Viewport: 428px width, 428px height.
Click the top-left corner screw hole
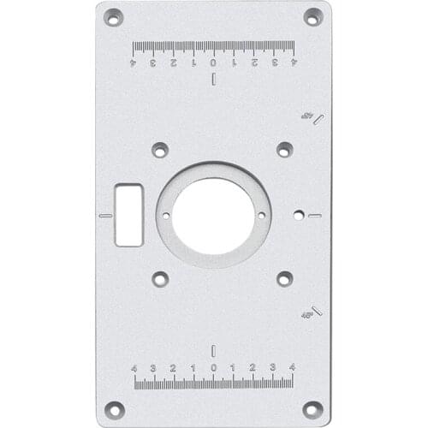(113, 17)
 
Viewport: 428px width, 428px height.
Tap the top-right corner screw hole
(313, 17)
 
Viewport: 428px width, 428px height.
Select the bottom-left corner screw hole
(113, 409)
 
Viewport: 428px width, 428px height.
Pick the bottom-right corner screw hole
(313, 409)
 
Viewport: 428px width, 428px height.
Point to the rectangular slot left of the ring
(128, 214)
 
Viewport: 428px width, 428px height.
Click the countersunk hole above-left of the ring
(160, 150)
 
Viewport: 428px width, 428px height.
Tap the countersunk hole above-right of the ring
(284, 150)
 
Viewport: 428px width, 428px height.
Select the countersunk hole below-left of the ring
(160, 278)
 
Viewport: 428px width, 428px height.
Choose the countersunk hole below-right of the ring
(284, 278)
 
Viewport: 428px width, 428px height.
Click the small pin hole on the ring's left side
(166, 215)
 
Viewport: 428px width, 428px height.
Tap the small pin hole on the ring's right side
(261, 215)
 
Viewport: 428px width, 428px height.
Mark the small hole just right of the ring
(298, 215)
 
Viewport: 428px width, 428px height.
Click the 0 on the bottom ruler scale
(213, 368)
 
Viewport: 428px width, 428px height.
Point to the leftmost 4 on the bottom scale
(134, 368)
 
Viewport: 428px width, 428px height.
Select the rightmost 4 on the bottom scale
(292, 368)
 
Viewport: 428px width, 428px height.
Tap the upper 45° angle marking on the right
(306, 116)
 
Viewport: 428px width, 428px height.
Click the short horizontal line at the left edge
(105, 215)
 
